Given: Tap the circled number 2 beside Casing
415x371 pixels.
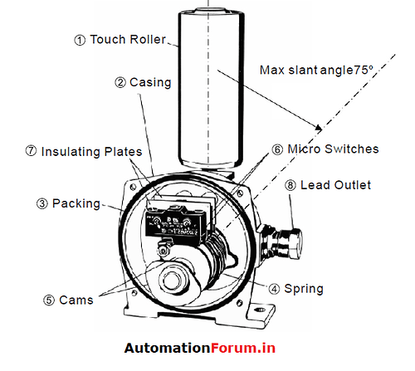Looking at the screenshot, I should [x=120, y=82].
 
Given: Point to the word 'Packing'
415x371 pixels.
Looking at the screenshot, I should [x=76, y=203].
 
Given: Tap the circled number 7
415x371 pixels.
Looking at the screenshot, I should [x=31, y=151].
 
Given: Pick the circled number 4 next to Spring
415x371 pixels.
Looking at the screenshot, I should [x=274, y=289].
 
